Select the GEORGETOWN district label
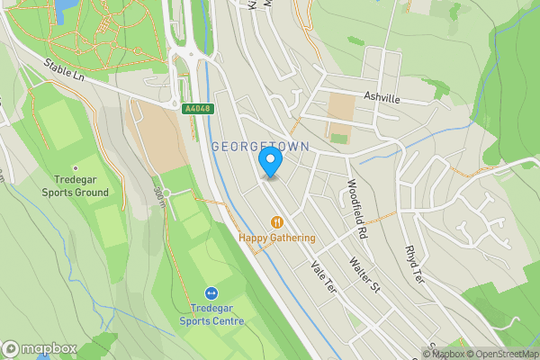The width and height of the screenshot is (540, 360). pos(261,146)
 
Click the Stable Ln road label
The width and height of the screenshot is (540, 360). pos(63,71)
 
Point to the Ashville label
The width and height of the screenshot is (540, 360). pos(381,100)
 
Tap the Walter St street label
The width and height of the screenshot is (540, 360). pos(365,274)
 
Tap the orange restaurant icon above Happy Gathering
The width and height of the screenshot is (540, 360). pos(277,220)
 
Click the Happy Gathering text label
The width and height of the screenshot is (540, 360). pos(277,238)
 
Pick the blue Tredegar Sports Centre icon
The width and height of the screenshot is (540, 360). pos(211,292)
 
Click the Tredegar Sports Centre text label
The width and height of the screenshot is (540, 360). pos(211,315)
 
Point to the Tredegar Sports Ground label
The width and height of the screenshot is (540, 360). pos(75,185)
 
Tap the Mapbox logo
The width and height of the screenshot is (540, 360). pos(40,349)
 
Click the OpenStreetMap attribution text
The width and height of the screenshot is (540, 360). pos(504,354)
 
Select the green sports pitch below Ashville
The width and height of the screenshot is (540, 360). pos(339,139)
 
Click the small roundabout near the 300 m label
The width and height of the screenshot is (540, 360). pos(166,193)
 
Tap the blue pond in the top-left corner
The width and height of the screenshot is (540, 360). pos(65,9)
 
